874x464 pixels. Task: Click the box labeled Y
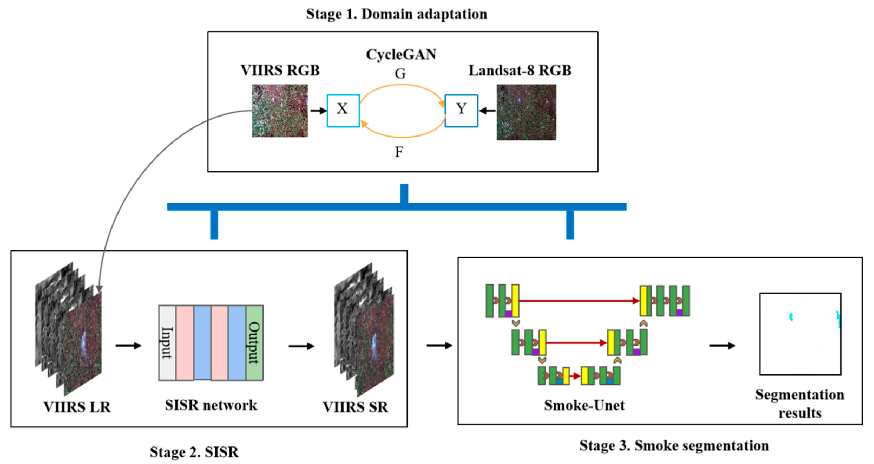[461, 111]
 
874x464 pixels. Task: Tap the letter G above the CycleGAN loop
[400, 74]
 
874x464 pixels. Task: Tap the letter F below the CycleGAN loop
[399, 152]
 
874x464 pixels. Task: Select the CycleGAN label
[401, 55]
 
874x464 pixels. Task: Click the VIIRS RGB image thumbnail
[280, 111]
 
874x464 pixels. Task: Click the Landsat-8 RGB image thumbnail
[526, 112]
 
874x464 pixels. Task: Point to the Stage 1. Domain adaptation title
[396, 14]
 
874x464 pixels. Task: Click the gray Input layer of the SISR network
[167, 343]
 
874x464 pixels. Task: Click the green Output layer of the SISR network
[254, 343]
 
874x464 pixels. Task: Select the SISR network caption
[211, 405]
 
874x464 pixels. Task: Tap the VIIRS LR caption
[77, 407]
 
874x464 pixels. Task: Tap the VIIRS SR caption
[355, 407]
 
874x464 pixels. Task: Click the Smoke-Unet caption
[584, 405]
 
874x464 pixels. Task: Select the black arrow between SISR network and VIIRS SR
[301, 346]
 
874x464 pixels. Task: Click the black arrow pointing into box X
[318, 111]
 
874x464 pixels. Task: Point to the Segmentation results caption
[800, 404]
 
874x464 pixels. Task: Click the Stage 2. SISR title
[194, 452]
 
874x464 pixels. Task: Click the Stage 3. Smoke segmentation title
[674, 445]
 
